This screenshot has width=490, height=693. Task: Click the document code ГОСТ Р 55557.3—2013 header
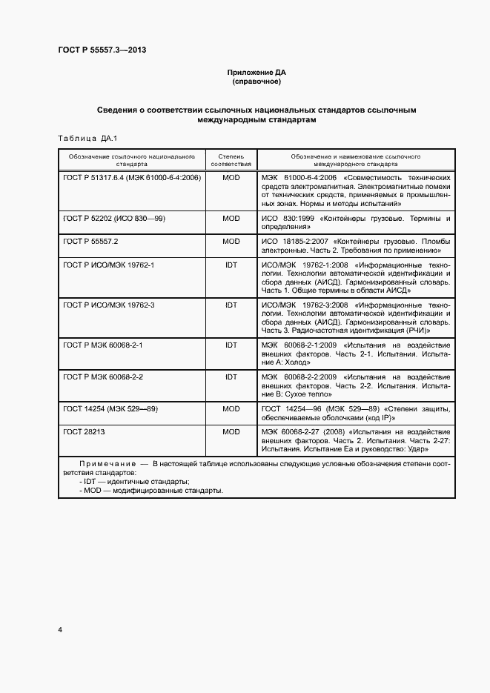point(107,50)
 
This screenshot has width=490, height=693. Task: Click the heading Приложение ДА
point(256,73)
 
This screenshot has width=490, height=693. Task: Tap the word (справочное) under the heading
point(256,82)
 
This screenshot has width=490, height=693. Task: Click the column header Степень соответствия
point(231,161)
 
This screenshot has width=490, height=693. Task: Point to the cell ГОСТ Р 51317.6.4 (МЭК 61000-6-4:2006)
point(132,179)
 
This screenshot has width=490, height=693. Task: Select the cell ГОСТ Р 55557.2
point(91,242)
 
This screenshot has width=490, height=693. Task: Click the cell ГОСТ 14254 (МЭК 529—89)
point(110,408)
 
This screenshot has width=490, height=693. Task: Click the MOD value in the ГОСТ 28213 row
point(231,431)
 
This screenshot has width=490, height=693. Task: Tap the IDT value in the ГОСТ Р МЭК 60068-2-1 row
point(231,345)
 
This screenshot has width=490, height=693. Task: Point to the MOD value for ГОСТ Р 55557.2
point(231,242)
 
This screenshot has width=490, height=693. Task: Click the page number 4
point(60,630)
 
